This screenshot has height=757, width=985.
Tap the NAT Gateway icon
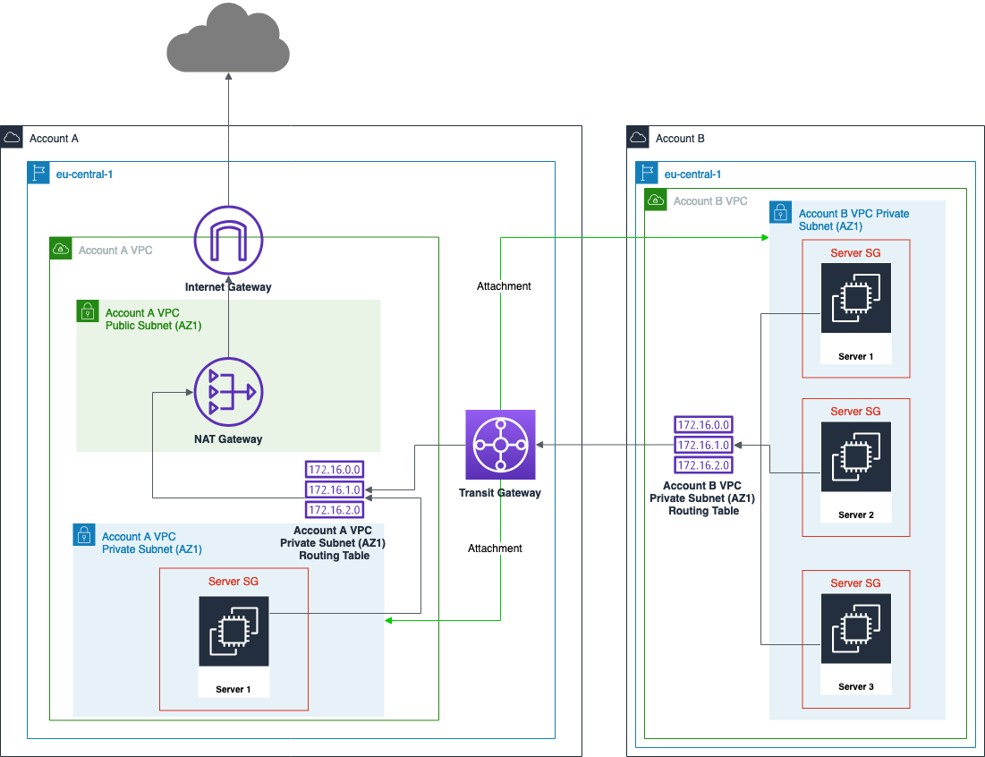(x=228, y=392)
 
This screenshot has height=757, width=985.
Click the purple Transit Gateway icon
(x=500, y=445)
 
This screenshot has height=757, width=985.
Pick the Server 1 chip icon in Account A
(x=234, y=632)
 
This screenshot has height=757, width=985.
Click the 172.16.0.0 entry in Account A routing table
(x=335, y=469)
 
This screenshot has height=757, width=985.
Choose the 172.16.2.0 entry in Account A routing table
(x=335, y=510)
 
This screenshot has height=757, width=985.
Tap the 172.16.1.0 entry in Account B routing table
(x=704, y=445)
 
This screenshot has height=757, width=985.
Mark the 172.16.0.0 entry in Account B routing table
(x=704, y=425)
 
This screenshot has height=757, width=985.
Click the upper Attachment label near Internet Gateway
(x=504, y=286)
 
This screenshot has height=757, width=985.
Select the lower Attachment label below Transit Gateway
(x=495, y=548)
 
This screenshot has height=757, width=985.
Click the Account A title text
(x=54, y=139)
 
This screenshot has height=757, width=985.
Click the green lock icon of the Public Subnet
(x=87, y=310)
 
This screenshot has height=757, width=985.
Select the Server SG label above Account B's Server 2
(x=855, y=412)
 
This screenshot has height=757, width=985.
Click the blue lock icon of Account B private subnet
(x=780, y=212)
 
